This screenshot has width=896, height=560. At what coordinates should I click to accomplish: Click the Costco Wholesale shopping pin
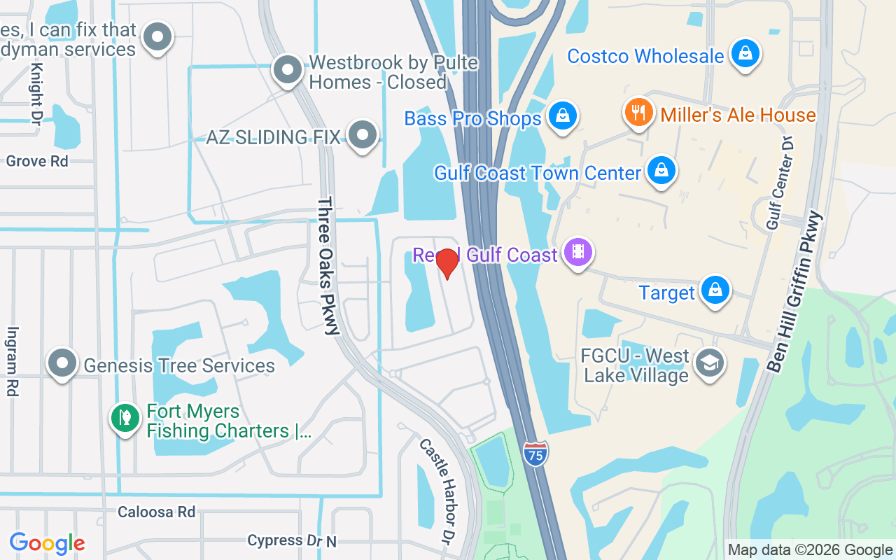[x=745, y=54]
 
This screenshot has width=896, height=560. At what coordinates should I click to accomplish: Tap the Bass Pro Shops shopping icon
[x=562, y=116]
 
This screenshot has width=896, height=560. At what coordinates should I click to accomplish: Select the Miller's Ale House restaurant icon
[x=638, y=112]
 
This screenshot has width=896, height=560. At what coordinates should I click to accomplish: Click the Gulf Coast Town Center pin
[x=660, y=171]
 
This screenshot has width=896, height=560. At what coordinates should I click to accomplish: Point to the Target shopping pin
[x=715, y=290]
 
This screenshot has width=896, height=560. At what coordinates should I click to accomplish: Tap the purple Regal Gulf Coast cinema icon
[x=577, y=252]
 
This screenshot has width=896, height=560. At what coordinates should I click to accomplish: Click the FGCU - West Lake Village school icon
[x=710, y=363]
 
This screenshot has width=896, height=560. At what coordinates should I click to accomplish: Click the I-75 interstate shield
[x=535, y=454]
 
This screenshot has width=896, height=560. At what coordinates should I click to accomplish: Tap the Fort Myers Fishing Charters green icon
[x=125, y=418]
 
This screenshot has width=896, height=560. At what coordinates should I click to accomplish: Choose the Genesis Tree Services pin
[x=62, y=363]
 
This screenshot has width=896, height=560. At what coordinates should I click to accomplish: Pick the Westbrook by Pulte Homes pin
[x=287, y=70]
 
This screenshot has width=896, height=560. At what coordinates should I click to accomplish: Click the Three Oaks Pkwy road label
[x=328, y=265]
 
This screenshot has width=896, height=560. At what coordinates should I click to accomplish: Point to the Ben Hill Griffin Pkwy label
[x=797, y=291]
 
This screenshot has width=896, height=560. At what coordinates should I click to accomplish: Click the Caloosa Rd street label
[x=156, y=512]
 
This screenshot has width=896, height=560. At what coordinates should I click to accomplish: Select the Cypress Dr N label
[x=291, y=540]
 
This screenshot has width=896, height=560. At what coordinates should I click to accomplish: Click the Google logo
[x=48, y=543]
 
